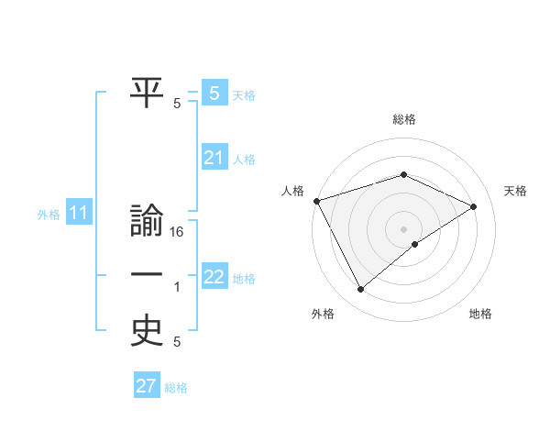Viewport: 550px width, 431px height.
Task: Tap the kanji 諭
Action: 148,223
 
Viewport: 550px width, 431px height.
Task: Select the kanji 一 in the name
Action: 148,275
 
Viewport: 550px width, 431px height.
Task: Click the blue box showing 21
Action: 214,158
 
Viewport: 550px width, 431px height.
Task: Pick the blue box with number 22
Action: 214,276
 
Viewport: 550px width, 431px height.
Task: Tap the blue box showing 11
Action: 78,214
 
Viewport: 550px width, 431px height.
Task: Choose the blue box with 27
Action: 147,386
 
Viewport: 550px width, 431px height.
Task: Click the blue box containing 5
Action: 214,93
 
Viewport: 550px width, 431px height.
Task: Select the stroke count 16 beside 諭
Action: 178,233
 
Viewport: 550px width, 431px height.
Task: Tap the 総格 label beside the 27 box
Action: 176,388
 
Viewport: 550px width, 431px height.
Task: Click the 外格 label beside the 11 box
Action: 49,215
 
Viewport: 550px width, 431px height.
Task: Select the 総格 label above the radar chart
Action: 403,119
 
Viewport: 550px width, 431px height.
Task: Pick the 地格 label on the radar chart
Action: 480,314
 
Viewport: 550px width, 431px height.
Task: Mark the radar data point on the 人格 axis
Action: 316,200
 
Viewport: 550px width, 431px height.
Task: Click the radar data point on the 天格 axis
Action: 474,205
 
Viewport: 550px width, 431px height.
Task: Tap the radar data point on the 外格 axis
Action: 360,290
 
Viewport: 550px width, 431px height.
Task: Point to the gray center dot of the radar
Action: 403,228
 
